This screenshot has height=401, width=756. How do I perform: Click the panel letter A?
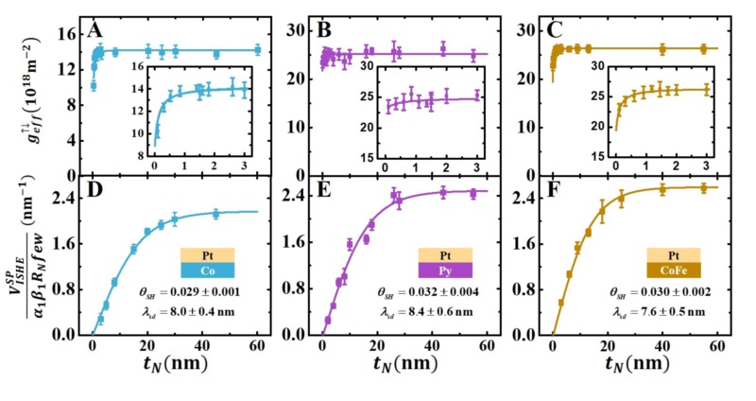pos(95,31)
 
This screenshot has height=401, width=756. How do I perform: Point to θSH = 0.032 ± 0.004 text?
pos(422,292)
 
